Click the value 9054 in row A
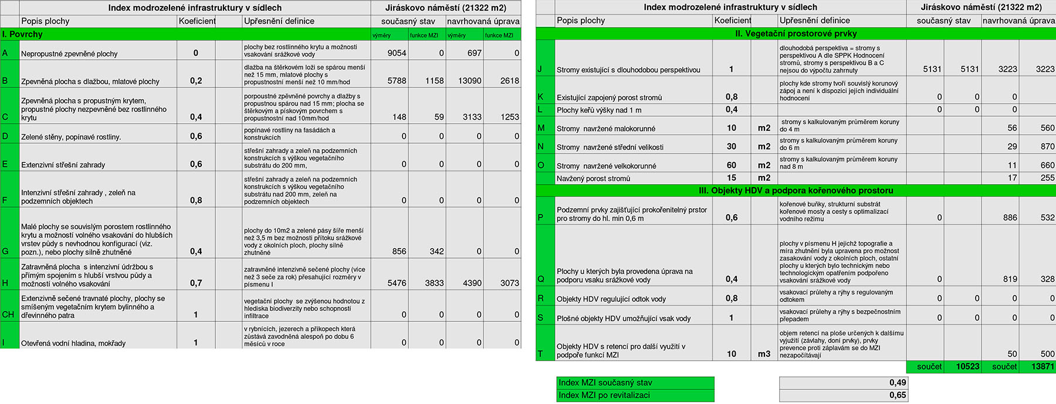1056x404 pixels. (x=397, y=53)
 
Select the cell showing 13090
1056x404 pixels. (x=469, y=81)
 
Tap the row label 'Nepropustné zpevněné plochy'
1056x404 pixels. (x=69, y=54)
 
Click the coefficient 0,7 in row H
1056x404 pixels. (x=196, y=283)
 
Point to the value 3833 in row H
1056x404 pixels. (x=434, y=283)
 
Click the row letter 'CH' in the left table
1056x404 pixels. (x=8, y=314)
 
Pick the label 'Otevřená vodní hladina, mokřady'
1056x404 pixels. (x=73, y=343)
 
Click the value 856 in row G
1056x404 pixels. (x=399, y=251)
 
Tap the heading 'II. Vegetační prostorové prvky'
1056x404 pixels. (x=796, y=33)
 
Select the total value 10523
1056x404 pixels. (x=967, y=366)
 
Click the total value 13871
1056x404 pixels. (x=1043, y=366)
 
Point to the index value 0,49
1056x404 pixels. (x=898, y=382)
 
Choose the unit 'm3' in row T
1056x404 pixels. (x=764, y=354)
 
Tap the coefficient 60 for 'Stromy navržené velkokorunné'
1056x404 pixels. (x=732, y=165)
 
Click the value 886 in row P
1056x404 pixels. (x=1010, y=218)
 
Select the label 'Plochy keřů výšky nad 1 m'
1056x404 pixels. (x=599, y=110)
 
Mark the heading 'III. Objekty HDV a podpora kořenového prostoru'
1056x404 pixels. (x=796, y=191)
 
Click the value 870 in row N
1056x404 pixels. (x=1047, y=147)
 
